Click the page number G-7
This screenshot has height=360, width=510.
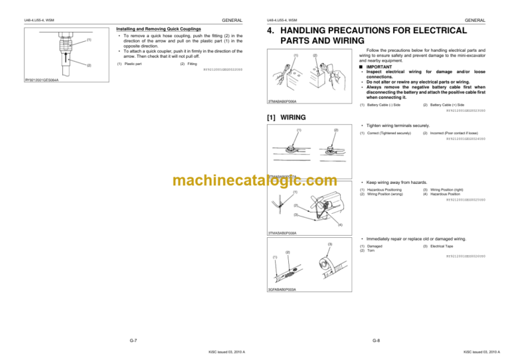pos(133,340)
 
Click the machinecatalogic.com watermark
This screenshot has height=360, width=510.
pos(254,181)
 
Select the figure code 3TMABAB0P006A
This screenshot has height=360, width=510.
pos(282,102)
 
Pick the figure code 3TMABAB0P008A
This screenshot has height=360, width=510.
pos(282,233)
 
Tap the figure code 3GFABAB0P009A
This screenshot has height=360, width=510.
pos(282,290)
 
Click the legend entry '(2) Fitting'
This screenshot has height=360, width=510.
pos(188,64)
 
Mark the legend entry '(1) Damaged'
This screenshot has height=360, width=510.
pos(371,246)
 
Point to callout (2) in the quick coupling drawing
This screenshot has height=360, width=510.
pos(88,65)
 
